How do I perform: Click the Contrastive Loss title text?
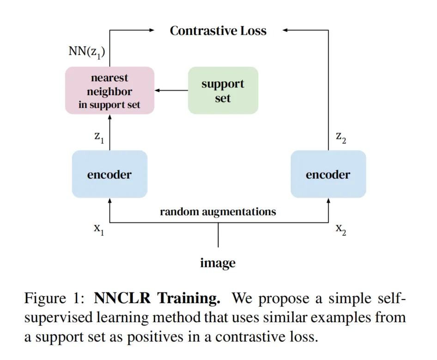tap(218, 31)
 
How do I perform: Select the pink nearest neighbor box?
tap(109, 90)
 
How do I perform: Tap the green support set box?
tap(223, 90)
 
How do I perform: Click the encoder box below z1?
tap(109, 174)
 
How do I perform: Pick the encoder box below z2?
tap(328, 174)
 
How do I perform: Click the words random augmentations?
tap(218, 212)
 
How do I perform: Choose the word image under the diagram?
tap(218, 263)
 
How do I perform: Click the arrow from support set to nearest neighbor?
tap(171, 90)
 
